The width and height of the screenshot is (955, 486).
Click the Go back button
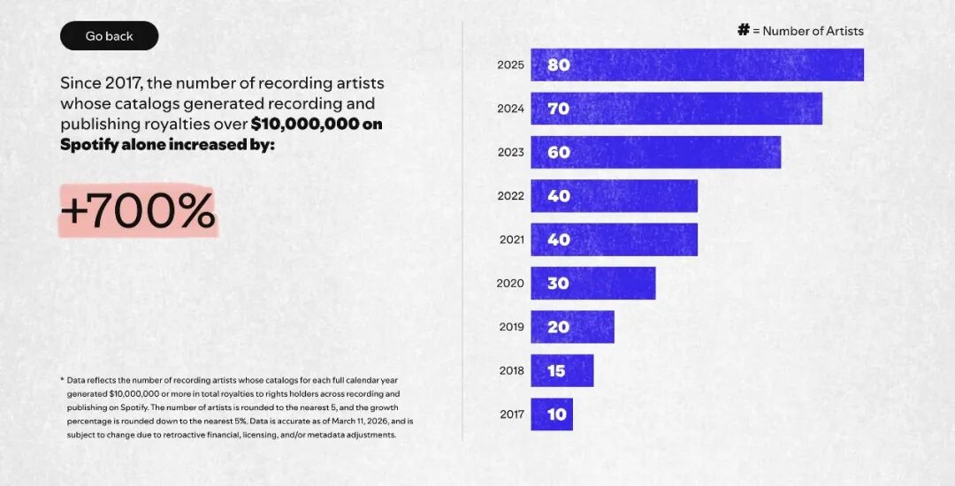(x=109, y=36)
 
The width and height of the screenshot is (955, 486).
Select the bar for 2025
(x=697, y=65)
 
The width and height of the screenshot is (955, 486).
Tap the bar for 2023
(x=655, y=152)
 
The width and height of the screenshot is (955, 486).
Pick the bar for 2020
(x=592, y=283)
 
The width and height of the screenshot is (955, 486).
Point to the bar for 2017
(x=552, y=414)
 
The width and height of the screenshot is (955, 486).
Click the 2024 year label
(x=510, y=109)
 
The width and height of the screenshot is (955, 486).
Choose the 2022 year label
(x=510, y=196)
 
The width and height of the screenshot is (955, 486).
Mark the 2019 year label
(x=511, y=327)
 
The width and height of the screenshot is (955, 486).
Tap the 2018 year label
(x=511, y=371)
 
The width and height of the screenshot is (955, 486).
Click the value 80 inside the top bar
(x=559, y=65)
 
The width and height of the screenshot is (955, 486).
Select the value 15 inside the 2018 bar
(x=556, y=371)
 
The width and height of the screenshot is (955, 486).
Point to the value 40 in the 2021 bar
(x=559, y=239)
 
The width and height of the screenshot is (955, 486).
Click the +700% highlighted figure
(x=138, y=211)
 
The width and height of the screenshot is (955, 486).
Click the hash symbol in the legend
(x=744, y=30)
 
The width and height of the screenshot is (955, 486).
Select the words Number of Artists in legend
(x=813, y=31)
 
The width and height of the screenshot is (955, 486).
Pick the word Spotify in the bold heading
(x=89, y=144)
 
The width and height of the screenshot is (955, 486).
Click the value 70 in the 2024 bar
(x=559, y=109)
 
